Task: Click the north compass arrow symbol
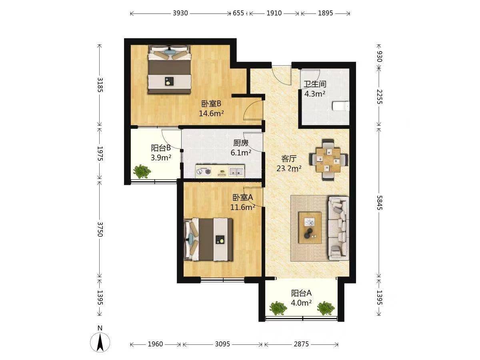100,342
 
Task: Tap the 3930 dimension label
180,13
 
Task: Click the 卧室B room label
211,104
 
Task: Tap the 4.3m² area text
315,94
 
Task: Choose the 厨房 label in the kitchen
241,143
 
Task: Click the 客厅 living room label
289,158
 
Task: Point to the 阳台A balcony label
301,293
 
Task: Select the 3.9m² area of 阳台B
161,157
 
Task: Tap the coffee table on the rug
310,228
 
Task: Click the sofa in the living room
338,228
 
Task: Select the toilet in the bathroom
340,106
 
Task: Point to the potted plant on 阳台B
142,172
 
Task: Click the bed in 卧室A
208,239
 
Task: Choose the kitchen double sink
236,171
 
